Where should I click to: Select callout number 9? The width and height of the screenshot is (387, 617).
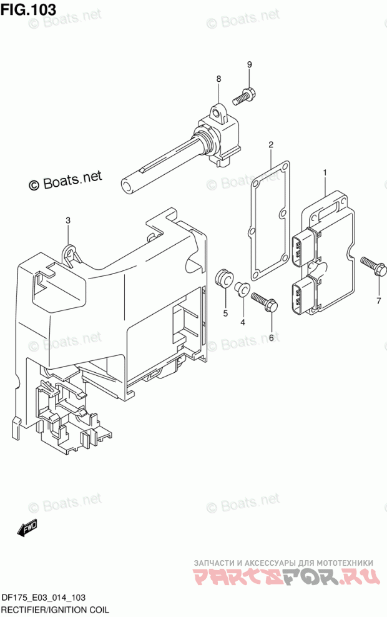249,65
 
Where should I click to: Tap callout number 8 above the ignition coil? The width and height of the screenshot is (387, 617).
218,79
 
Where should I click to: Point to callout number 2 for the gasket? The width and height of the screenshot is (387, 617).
271,146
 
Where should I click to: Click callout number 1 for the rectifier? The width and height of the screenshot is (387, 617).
325,172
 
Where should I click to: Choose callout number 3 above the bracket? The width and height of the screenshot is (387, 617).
69,220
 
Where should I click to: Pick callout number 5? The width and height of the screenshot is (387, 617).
225,313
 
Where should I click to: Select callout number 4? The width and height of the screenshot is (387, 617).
243,322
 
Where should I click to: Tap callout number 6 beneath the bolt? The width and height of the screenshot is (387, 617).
271,337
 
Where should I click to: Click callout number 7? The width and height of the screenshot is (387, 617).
378,300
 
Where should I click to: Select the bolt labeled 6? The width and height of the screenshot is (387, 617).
264,303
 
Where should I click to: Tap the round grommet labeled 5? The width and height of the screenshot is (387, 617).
223,279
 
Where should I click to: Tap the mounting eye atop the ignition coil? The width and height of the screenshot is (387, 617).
217,113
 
